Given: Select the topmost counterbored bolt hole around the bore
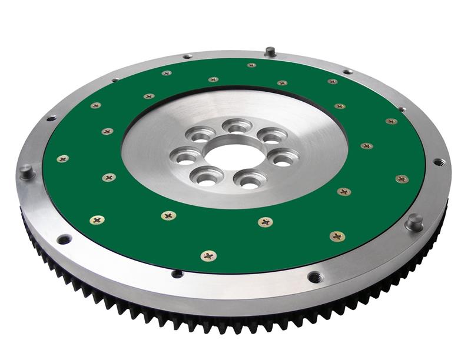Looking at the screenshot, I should [x=237, y=125].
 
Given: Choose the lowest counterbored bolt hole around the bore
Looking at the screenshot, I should [x=250, y=179].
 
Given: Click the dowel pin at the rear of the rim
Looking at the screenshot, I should [x=270, y=51].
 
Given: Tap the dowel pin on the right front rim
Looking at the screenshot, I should [x=414, y=221].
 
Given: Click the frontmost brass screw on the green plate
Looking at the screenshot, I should [x=208, y=255].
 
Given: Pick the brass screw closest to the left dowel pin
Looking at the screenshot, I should [x=62, y=159].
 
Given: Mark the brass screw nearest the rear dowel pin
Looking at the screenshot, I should [x=251, y=65].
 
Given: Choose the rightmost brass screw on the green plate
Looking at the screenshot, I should [x=402, y=179].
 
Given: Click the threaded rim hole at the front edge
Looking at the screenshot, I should [x=314, y=276].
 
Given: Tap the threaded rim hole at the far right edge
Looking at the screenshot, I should [x=439, y=162].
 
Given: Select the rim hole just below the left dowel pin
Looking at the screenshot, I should [x=64, y=239].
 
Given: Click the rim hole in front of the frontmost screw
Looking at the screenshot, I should [x=177, y=274].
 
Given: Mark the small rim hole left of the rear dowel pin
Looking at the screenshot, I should [x=187, y=56].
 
